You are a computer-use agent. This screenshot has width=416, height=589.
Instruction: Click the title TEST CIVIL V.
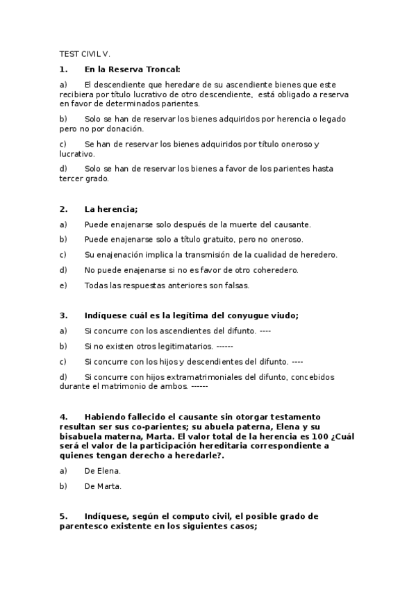(85, 53)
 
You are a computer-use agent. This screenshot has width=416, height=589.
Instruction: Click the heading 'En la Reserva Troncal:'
(132, 69)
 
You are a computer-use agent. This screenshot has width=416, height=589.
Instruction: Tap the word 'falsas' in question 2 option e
(234, 285)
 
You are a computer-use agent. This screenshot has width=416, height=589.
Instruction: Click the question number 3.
(63, 315)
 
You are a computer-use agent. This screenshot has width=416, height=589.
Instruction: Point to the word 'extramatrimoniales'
(191, 377)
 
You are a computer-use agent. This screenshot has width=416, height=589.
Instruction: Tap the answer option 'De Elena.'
(103, 471)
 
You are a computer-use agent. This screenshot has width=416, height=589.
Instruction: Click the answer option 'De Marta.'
(103, 486)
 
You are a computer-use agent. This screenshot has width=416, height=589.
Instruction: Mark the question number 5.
(63, 517)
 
